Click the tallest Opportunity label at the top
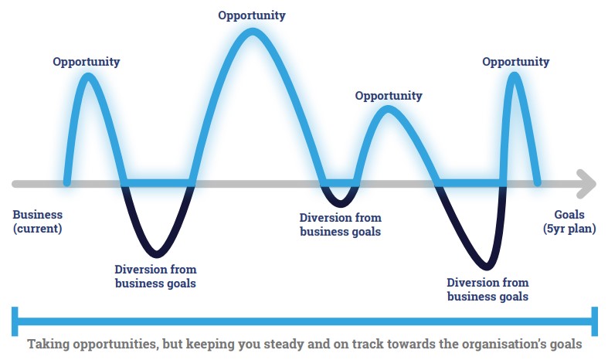click(252, 15)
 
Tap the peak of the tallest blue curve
click(253, 32)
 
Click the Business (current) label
click(37, 221)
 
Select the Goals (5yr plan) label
click(569, 221)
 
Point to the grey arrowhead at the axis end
click(586, 184)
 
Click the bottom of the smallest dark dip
click(340, 203)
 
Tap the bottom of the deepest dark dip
click(487, 267)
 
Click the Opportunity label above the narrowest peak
click(516, 62)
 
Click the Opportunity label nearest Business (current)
click(86, 62)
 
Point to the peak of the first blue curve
click(88, 76)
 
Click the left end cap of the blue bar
click(15, 321)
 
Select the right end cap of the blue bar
click(594, 321)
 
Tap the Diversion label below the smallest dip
click(341, 225)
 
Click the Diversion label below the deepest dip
click(487, 290)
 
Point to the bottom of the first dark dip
click(157, 254)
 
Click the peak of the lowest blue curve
click(388, 109)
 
